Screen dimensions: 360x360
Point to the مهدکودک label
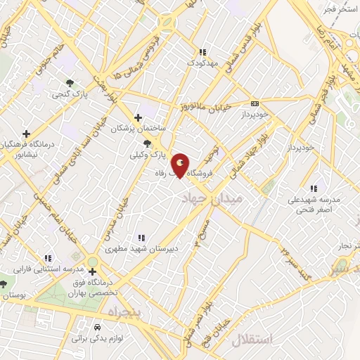(x=203, y=63)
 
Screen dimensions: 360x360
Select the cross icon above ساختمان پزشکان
(x=138, y=117)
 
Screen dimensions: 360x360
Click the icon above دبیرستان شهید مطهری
(x=141, y=238)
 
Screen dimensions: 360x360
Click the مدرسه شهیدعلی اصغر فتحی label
(x=313, y=204)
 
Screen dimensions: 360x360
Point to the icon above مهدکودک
(x=202, y=52)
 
